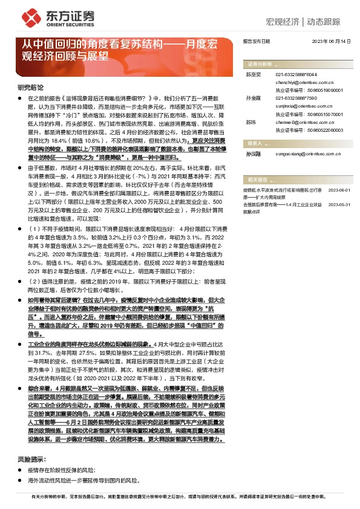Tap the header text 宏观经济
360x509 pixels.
(x=284, y=22)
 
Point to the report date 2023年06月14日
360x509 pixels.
(x=332, y=41)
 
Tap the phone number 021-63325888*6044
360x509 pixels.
(x=296, y=74)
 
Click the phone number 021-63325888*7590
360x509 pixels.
(x=296, y=97)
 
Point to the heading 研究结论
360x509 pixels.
(x=29, y=88)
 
